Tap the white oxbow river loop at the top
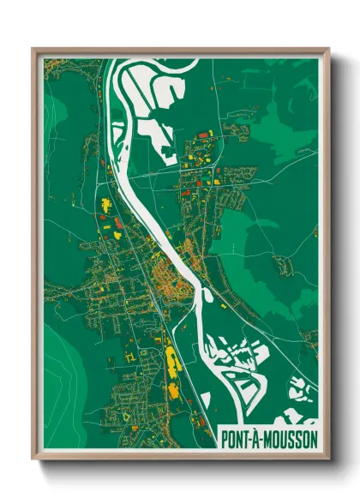137,86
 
